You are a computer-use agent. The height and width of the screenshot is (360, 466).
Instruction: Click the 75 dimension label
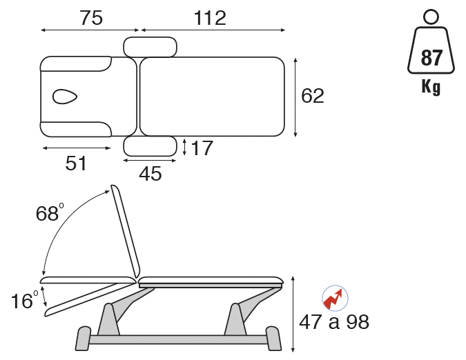[91, 18]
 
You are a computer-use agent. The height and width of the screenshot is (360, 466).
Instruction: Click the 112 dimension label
[210, 18]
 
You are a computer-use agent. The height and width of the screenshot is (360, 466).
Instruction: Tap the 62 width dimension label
[312, 96]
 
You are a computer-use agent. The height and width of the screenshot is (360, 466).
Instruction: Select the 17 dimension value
[202, 148]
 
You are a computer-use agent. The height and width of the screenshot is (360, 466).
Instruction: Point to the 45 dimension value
[151, 174]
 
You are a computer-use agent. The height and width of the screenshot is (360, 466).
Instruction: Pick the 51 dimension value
[76, 163]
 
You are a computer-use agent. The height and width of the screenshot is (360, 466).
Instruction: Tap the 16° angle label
[25, 300]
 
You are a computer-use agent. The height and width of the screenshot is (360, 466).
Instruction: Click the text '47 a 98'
[334, 322]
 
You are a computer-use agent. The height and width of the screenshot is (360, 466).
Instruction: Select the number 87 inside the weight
[431, 58]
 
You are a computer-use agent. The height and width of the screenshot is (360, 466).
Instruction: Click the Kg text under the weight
[431, 87]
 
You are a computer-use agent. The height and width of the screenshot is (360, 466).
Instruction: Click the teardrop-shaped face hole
[65, 97]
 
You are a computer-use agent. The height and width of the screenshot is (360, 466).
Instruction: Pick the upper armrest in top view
[150, 47]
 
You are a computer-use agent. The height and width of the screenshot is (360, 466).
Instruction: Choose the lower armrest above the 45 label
[150, 146]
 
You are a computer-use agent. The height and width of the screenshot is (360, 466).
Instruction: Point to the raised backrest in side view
[126, 232]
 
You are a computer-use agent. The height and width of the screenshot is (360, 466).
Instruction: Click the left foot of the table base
[84, 339]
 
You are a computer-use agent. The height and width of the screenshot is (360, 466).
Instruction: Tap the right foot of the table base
[273, 339]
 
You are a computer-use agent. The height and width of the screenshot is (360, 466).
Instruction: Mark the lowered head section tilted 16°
[89, 299]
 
